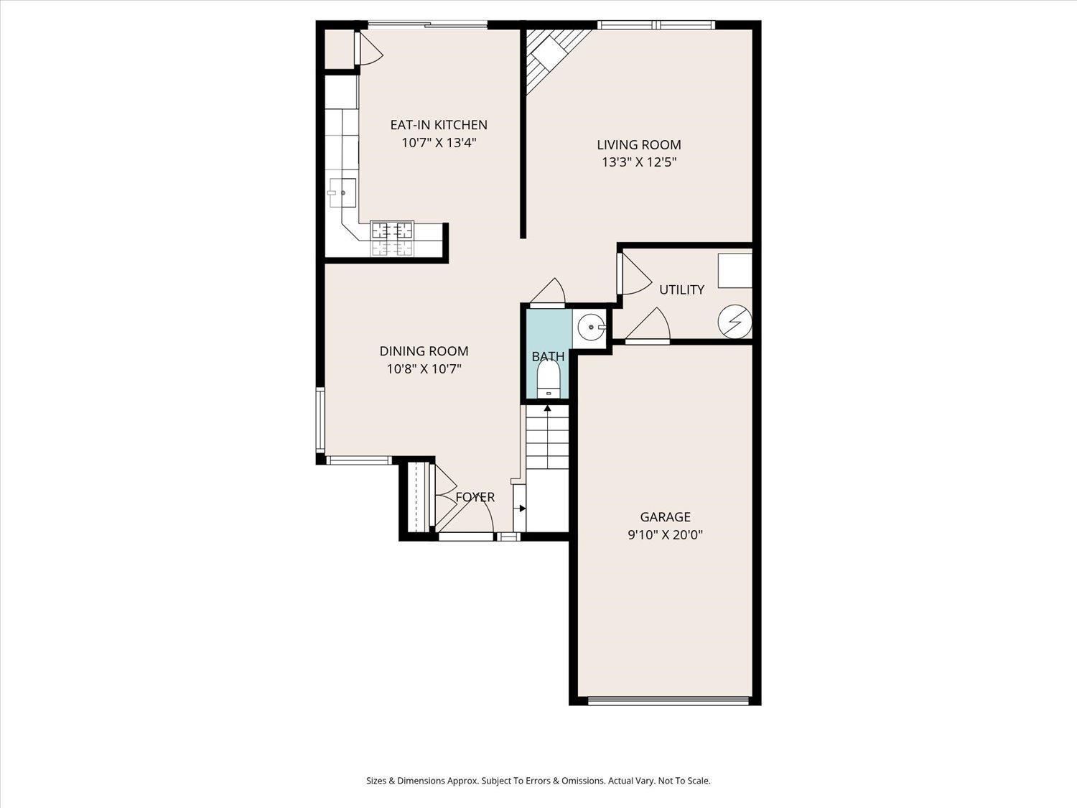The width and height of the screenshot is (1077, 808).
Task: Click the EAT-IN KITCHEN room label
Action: click(x=439, y=125)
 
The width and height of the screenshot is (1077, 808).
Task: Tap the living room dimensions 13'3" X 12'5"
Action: click(x=639, y=162)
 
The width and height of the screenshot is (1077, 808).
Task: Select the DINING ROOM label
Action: click(x=424, y=351)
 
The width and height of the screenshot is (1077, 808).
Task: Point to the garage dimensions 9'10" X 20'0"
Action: click(x=665, y=534)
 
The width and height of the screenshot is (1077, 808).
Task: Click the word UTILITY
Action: click(x=681, y=289)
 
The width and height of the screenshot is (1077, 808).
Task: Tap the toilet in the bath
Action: click(x=549, y=378)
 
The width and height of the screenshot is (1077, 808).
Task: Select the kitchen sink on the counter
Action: click(x=342, y=192)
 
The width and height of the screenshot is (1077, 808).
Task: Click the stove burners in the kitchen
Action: click(x=392, y=239)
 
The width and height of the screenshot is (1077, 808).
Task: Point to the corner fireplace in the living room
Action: click(x=549, y=55)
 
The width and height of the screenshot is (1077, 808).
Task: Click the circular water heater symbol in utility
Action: click(x=735, y=320)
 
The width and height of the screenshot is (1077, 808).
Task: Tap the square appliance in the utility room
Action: click(x=735, y=271)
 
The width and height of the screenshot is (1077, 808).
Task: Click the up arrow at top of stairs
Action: click(x=548, y=409)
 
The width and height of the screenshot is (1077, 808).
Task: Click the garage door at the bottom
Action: click(x=668, y=700)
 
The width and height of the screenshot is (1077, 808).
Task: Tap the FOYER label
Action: click(x=475, y=497)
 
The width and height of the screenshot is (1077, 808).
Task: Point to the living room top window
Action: click(x=657, y=25)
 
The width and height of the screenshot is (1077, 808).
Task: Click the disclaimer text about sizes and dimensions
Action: click(x=538, y=781)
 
